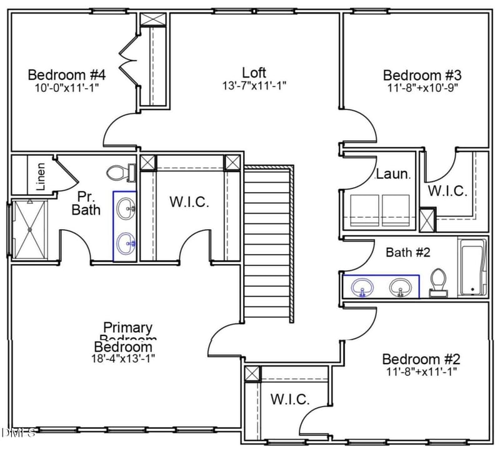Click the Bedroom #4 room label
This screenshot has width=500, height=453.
click(66, 75)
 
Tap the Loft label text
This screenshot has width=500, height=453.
click(254, 72)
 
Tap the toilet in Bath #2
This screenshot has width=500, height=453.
click(439, 283)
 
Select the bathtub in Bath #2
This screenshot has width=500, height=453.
click(473, 268)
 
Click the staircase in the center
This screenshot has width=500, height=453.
click(267, 244)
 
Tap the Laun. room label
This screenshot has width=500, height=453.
click(392, 175)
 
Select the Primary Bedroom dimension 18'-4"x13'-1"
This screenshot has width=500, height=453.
click(123, 359)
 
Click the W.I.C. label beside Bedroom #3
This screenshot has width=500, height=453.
click(447, 191)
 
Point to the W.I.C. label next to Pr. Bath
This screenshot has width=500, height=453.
click(189, 202)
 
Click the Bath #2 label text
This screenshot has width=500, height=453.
click(407, 252)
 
